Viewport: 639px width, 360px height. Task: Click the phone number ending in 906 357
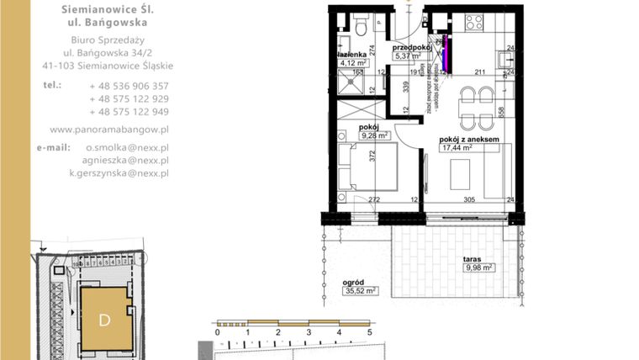(129, 86)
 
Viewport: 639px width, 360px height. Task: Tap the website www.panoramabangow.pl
(109, 130)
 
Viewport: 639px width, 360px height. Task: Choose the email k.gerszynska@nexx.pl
(119, 172)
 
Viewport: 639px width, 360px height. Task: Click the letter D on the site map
(105, 320)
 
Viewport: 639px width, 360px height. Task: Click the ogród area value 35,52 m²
(359, 291)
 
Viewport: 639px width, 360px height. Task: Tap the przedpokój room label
(412, 48)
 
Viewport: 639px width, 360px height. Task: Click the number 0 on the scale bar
(218, 334)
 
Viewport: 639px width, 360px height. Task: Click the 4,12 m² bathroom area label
(352, 62)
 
